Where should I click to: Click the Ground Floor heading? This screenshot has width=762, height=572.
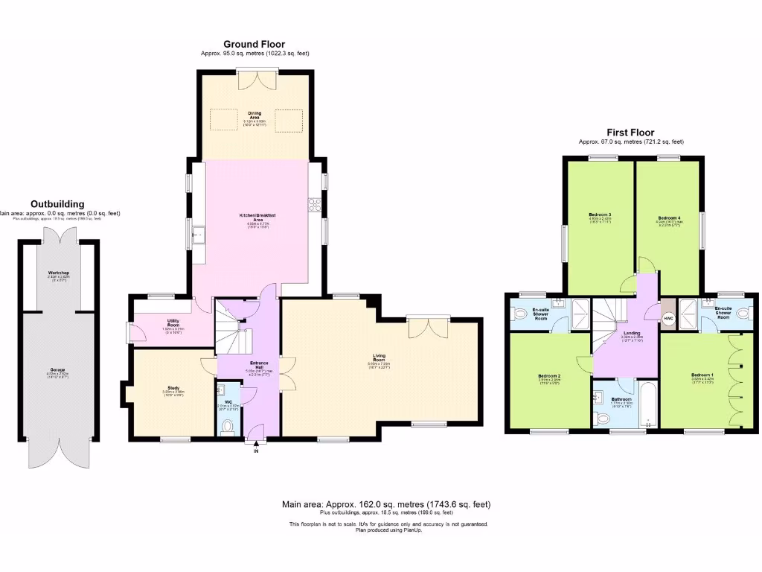pyautogui.click(x=254, y=45)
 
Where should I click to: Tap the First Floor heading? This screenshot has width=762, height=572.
pyautogui.click(x=631, y=133)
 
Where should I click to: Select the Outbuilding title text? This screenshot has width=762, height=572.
pyautogui.click(x=57, y=204)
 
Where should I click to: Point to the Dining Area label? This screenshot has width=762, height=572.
pyautogui.click(x=254, y=114)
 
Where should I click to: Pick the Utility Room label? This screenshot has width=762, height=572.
pyautogui.click(x=173, y=323)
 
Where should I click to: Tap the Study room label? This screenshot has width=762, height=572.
pyautogui.click(x=173, y=388)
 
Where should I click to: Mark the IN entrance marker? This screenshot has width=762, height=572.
pyautogui.click(x=256, y=451)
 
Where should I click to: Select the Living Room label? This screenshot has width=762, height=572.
pyautogui.click(x=380, y=357)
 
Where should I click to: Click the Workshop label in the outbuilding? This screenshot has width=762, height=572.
pyautogui.click(x=59, y=273)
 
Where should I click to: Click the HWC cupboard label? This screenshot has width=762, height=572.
pyautogui.click(x=668, y=319)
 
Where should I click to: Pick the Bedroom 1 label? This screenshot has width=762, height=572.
pyautogui.click(x=701, y=374)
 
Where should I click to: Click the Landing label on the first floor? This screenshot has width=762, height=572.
pyautogui.click(x=632, y=334)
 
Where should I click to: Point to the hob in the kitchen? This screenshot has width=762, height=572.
pyautogui.click(x=314, y=203)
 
